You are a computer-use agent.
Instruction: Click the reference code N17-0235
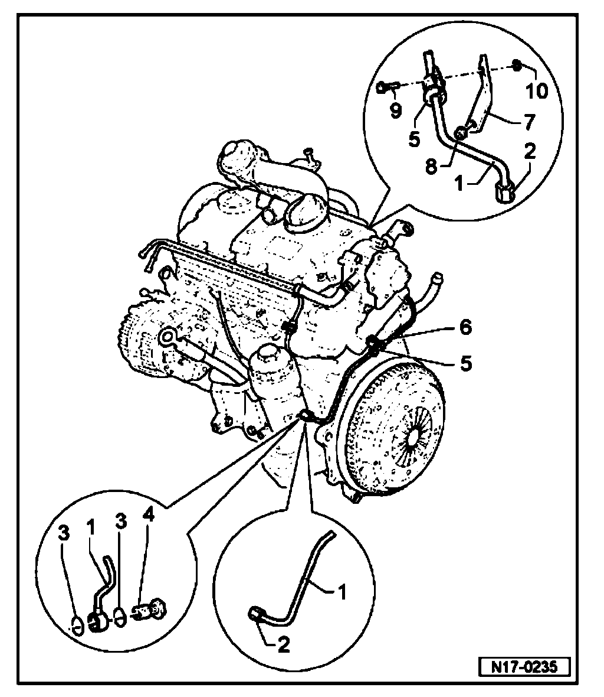(524, 666)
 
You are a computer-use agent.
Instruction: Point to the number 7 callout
(527, 122)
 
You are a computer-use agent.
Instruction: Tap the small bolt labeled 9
(386, 89)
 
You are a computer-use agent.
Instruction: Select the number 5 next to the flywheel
(466, 363)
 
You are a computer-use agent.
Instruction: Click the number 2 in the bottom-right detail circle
(283, 646)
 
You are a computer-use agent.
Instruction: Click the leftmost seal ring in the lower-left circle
(75, 624)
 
